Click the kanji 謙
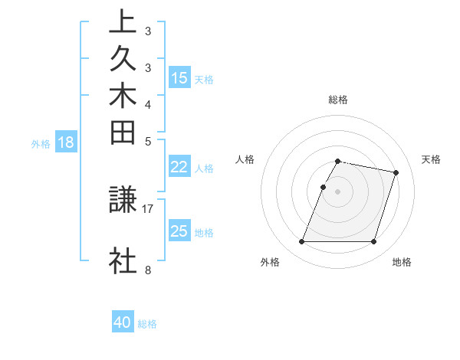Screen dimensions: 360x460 click(x=123, y=201)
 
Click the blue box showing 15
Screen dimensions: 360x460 click(x=179, y=77)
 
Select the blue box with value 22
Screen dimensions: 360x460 click(x=179, y=167)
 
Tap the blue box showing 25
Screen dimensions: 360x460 click(x=179, y=231)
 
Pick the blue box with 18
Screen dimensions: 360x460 click(x=66, y=142)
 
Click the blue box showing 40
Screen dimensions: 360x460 click(x=123, y=322)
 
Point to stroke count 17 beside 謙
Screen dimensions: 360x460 click(x=148, y=208)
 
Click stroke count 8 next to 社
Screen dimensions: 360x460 click(x=147, y=270)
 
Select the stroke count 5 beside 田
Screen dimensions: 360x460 click(x=147, y=141)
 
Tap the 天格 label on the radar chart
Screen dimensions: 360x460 click(x=431, y=159)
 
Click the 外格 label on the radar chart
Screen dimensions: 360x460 click(x=269, y=262)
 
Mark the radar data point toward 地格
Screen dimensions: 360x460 click(x=373, y=242)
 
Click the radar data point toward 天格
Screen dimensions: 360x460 click(x=396, y=173)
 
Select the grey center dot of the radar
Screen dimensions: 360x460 click(x=337, y=191)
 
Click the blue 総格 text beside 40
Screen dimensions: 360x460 click(x=147, y=324)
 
